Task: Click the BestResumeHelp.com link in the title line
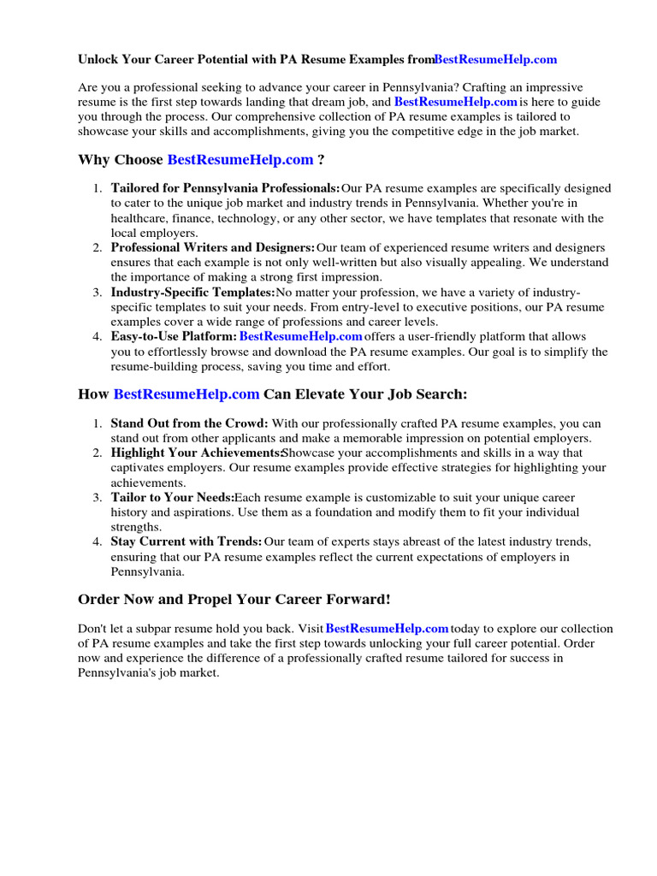pos(495,59)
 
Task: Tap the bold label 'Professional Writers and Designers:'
pos(213,247)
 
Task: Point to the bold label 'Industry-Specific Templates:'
pos(192,293)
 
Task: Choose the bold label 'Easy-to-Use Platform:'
pos(174,337)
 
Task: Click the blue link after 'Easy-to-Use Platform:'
pos(301,337)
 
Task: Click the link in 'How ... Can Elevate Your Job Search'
pos(186,394)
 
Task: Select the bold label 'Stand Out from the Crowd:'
pos(189,423)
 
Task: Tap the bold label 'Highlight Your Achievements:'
pos(196,453)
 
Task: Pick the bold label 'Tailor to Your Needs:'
pos(172,497)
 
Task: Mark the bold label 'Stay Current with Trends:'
pos(186,542)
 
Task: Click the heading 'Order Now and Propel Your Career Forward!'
pos(234,599)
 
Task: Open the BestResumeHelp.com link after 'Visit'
pos(388,629)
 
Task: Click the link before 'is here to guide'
pos(456,101)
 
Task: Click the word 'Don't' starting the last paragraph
pos(92,629)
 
